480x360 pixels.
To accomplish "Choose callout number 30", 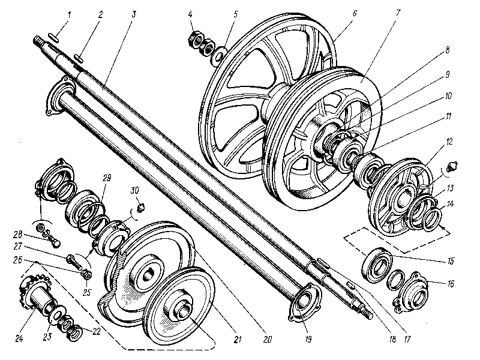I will coord(135,190).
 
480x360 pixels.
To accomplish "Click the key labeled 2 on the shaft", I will coord(79,58).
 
